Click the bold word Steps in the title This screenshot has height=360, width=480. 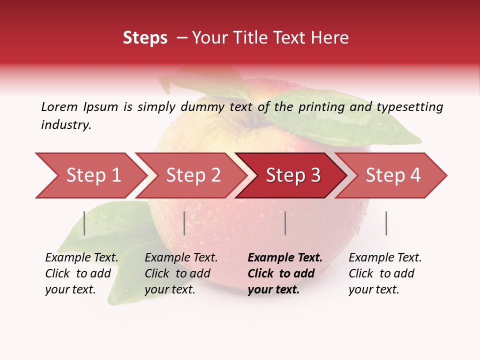pyautogui.click(x=145, y=37)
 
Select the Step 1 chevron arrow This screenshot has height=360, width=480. pyautogui.click(x=90, y=175)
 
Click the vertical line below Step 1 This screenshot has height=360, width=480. pyautogui.click(x=84, y=223)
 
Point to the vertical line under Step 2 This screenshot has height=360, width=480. pyautogui.click(x=184, y=223)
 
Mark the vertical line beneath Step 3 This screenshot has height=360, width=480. pyautogui.click(x=285, y=223)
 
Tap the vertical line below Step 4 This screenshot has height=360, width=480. pyautogui.click(x=386, y=223)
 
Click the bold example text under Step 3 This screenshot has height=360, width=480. pyautogui.click(x=284, y=273)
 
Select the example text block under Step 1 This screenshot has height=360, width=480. pyautogui.click(x=81, y=273)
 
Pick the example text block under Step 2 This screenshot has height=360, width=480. pyautogui.click(x=181, y=273)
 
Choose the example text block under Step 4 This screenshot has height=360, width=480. pyautogui.click(x=385, y=273)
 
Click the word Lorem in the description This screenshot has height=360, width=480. pyautogui.click(x=59, y=106)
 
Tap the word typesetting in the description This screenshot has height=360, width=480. pyautogui.click(x=409, y=107)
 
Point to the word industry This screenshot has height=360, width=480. pyautogui.click(x=66, y=125)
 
